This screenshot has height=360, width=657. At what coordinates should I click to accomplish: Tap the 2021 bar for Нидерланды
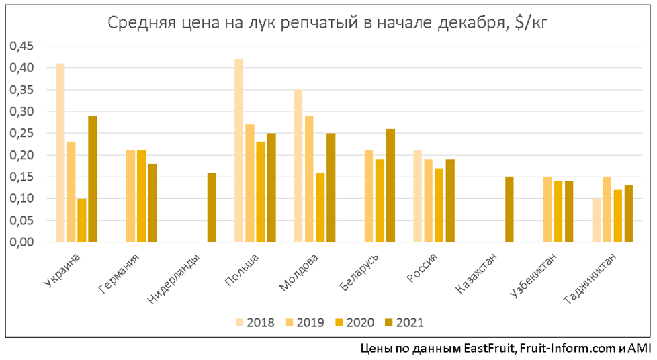click(x=212, y=208)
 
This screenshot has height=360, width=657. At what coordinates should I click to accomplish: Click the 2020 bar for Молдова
click(x=320, y=208)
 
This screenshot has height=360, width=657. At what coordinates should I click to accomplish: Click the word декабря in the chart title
click(x=470, y=24)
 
